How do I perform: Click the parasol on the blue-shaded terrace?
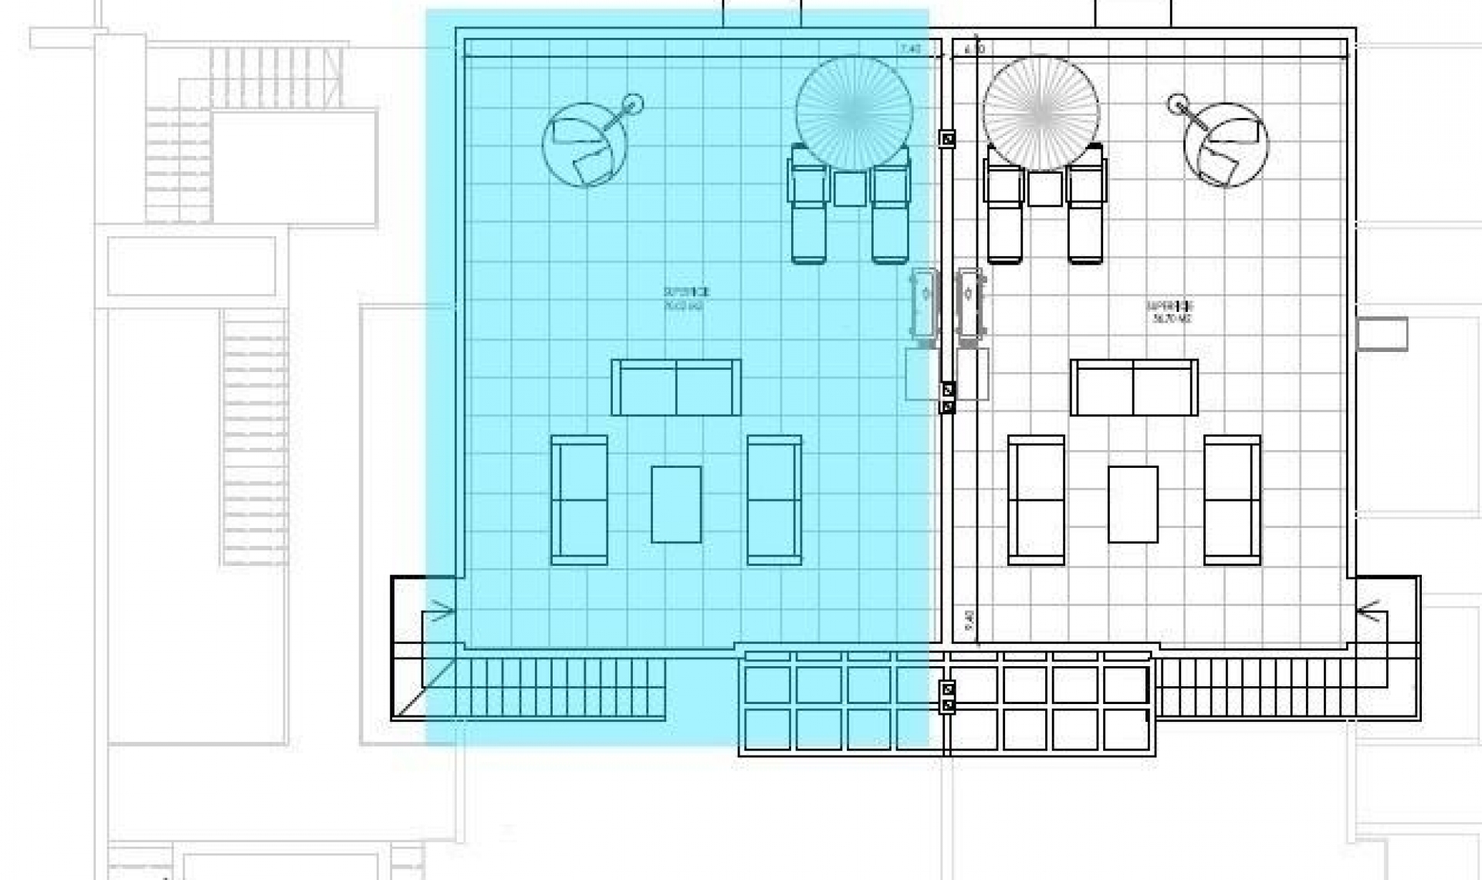854,113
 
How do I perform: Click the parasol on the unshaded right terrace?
1040,113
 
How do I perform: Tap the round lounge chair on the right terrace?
1226,146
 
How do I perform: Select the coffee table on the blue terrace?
676,504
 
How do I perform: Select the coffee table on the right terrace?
1133,504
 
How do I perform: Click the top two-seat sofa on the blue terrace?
676,388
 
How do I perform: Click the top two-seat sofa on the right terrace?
1134,388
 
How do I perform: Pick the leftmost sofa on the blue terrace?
579,500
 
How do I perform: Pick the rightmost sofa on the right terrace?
1232,500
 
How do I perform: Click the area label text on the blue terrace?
685,299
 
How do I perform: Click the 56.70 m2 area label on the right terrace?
1170,318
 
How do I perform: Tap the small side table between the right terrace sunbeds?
1044,188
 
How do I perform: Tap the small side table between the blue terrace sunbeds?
850,188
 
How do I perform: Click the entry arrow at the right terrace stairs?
1369,612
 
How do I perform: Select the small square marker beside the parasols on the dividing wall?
948,139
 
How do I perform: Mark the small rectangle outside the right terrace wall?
1382,334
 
